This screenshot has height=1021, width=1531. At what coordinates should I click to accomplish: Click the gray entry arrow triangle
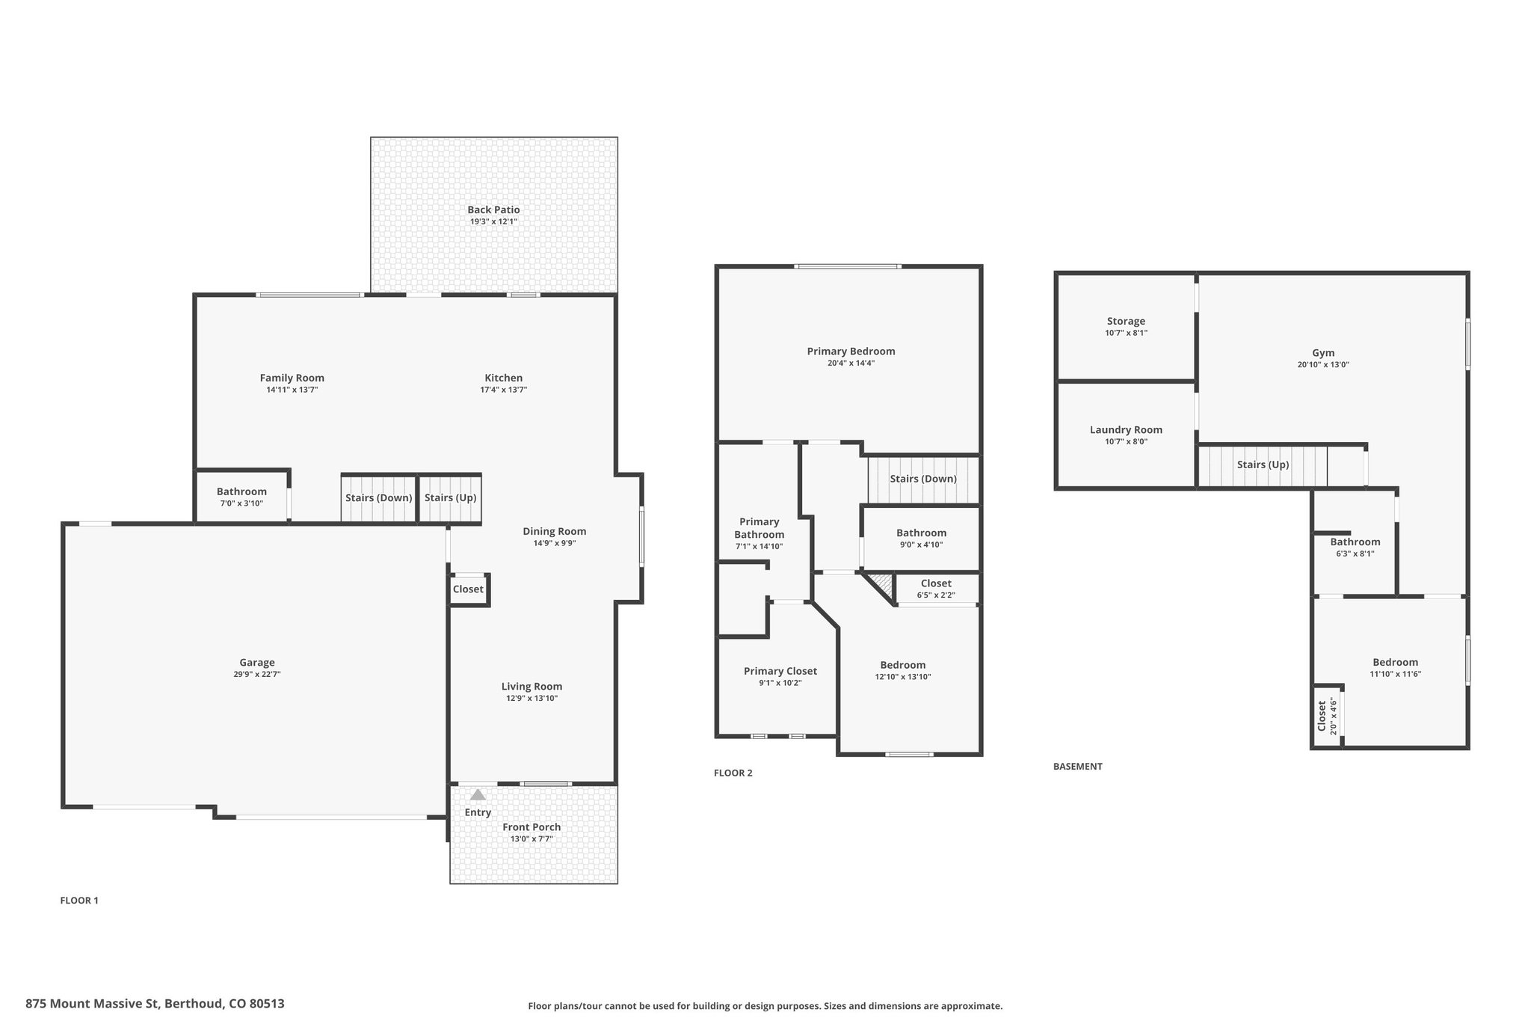[x=478, y=794]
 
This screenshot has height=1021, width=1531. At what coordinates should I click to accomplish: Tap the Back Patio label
[x=493, y=210]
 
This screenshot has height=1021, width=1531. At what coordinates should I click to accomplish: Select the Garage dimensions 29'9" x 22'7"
[x=257, y=675]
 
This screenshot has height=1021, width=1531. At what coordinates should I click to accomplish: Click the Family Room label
[x=292, y=378]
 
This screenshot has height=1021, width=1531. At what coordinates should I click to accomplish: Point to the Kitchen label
[x=504, y=378]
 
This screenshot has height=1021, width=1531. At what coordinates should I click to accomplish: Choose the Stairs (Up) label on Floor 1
[x=451, y=498]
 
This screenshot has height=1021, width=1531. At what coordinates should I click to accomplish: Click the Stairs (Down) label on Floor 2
[x=923, y=479]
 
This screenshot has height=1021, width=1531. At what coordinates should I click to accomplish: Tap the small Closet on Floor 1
[x=468, y=589]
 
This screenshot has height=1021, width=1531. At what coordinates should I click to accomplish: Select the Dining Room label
[x=555, y=532]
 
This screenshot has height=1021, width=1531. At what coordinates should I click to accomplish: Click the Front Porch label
[x=532, y=827]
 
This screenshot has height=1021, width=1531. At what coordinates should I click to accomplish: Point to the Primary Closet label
[x=780, y=672]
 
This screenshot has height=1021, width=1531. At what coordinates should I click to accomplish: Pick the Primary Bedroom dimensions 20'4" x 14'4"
[x=851, y=364]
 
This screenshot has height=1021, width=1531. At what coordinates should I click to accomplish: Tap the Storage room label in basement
[x=1126, y=322]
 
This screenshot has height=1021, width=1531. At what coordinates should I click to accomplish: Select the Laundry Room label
[x=1126, y=430]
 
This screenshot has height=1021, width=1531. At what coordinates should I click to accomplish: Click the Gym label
[x=1323, y=353]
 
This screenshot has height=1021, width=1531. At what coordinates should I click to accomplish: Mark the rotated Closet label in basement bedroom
[x=1322, y=716]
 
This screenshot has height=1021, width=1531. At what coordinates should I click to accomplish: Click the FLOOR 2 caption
[x=733, y=773]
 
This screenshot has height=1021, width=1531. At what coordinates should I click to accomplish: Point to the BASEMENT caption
[x=1078, y=767]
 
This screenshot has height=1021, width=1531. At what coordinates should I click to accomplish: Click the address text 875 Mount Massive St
[x=93, y=1004]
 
